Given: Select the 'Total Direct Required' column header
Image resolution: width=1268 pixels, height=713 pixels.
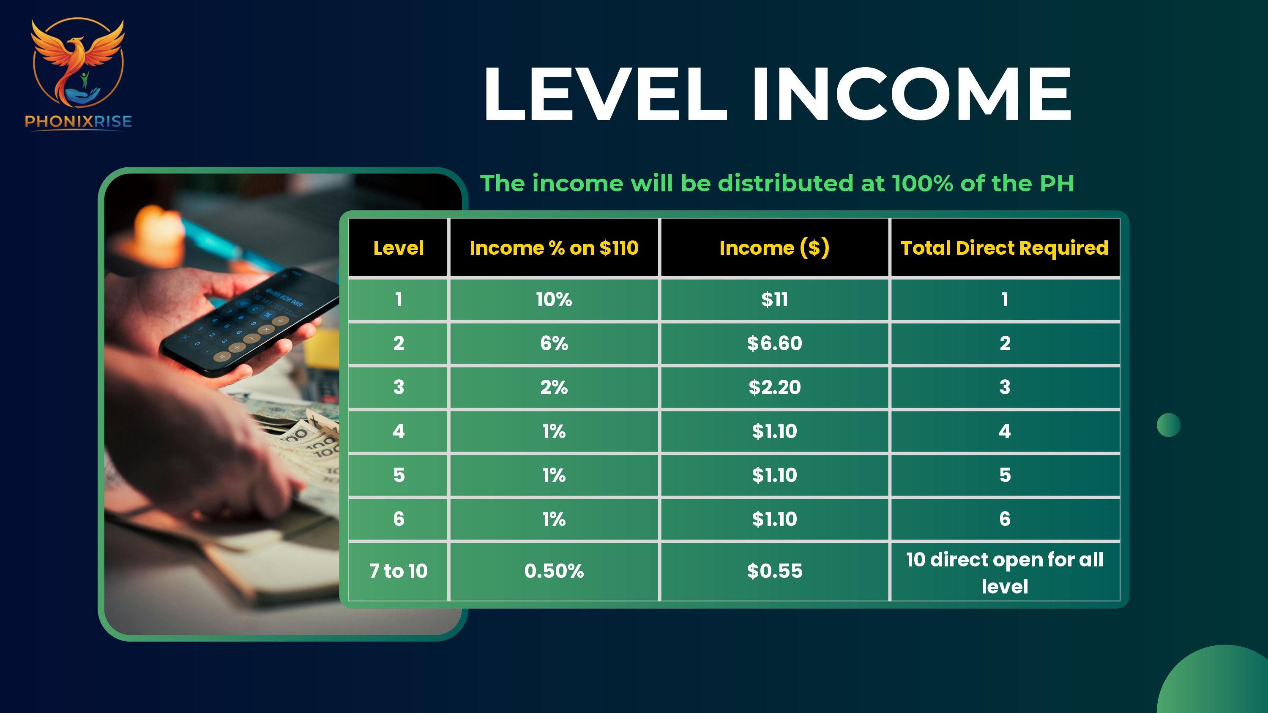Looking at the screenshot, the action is pos(1005,248).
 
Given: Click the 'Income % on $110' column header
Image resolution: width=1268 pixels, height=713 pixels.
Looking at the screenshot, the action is pos(554,248).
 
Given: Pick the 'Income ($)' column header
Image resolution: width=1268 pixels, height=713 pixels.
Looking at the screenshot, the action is pos(774,248).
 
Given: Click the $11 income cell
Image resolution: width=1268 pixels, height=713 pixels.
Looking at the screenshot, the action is pos(774,299).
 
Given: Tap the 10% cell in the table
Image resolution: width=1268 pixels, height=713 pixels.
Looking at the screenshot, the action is pos(554,299).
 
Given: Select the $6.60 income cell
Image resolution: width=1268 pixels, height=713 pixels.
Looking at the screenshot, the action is pos(774,343).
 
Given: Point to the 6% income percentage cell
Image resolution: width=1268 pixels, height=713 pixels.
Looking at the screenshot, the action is pos(554,343).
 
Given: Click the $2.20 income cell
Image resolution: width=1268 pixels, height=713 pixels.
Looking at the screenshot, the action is pos(774,387).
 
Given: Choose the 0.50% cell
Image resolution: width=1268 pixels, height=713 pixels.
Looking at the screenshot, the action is pos(554,571).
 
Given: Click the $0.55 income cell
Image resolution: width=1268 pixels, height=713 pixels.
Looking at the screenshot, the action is pos(774,571).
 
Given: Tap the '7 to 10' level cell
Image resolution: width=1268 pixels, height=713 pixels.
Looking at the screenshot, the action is pos(398,571).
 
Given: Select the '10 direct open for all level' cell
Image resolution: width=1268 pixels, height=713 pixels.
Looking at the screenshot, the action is pos(1005,572).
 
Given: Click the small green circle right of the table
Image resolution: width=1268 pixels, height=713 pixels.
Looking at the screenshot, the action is pos(1169,425).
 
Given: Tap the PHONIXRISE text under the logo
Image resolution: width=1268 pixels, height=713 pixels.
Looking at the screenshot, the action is pos(78,122).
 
